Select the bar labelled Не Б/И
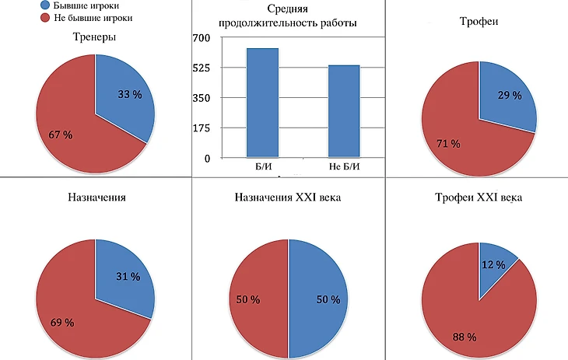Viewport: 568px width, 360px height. [x=343, y=111]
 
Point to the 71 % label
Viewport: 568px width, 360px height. [x=448, y=144]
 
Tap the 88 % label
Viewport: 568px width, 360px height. [x=465, y=337]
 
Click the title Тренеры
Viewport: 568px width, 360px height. [x=95, y=37]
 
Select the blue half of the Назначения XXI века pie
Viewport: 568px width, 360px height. [x=319, y=299]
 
